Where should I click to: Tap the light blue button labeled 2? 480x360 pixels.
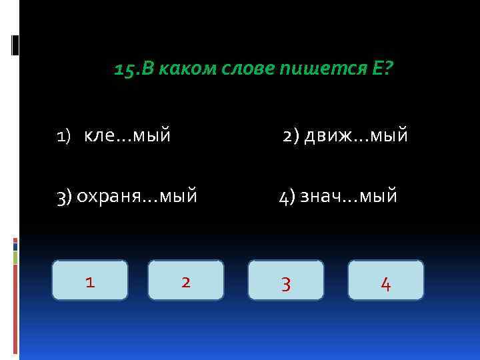point(186,280)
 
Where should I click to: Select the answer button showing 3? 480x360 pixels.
point(286,280)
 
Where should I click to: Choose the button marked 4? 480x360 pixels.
point(386,280)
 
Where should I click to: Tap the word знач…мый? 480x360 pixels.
point(349,196)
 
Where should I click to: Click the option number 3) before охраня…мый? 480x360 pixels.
point(65,196)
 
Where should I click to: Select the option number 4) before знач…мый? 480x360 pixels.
point(287,196)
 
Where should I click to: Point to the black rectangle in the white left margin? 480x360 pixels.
point(15,45)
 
